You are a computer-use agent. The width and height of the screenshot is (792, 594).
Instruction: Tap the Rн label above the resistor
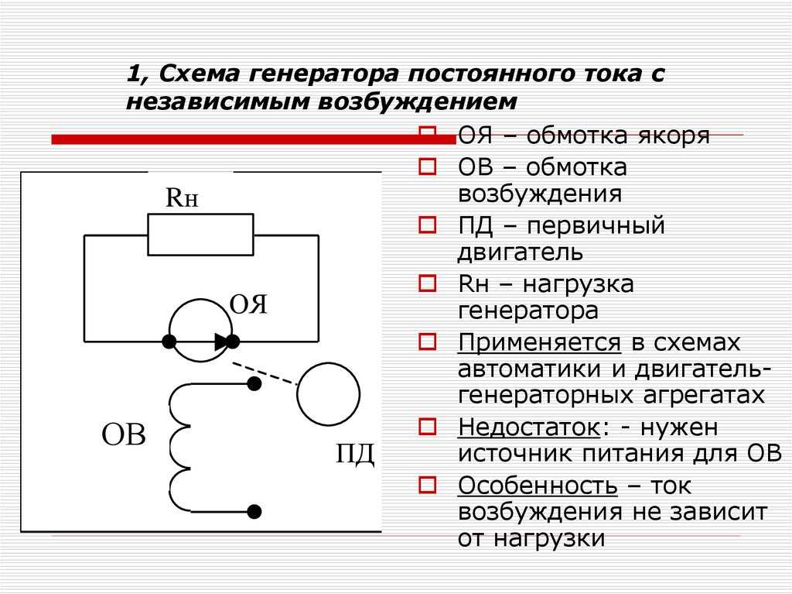pos(182,197)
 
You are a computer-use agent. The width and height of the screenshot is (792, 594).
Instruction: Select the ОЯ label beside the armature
pos(248,304)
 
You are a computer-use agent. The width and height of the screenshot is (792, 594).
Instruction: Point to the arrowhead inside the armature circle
pos(220,342)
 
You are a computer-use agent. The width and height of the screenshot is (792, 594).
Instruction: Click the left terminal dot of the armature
pos(169,342)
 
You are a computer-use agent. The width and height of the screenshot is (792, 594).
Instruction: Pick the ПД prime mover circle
pos(328,363)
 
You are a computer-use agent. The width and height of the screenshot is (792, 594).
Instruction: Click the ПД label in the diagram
pos(355,453)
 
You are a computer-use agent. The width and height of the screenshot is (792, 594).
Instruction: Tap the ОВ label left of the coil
pos(124,434)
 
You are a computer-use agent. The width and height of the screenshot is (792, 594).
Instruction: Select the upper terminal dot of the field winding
pos(254,384)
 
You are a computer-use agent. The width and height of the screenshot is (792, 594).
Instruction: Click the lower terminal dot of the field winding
pos(254,512)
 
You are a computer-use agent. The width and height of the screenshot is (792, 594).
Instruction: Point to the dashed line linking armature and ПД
pos(265,373)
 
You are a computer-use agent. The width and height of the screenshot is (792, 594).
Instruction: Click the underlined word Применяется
pos(539,344)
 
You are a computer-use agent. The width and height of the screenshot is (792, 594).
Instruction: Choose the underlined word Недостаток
pos(529,427)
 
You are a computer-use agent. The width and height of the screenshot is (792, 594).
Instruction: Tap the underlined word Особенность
pos(538,486)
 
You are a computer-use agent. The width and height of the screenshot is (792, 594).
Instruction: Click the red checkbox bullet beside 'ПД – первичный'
pos(427,225)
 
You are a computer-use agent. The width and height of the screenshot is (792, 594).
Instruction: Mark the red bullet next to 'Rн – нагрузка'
pos(427,283)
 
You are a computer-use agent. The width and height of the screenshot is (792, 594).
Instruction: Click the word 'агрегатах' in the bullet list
pos(704,396)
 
